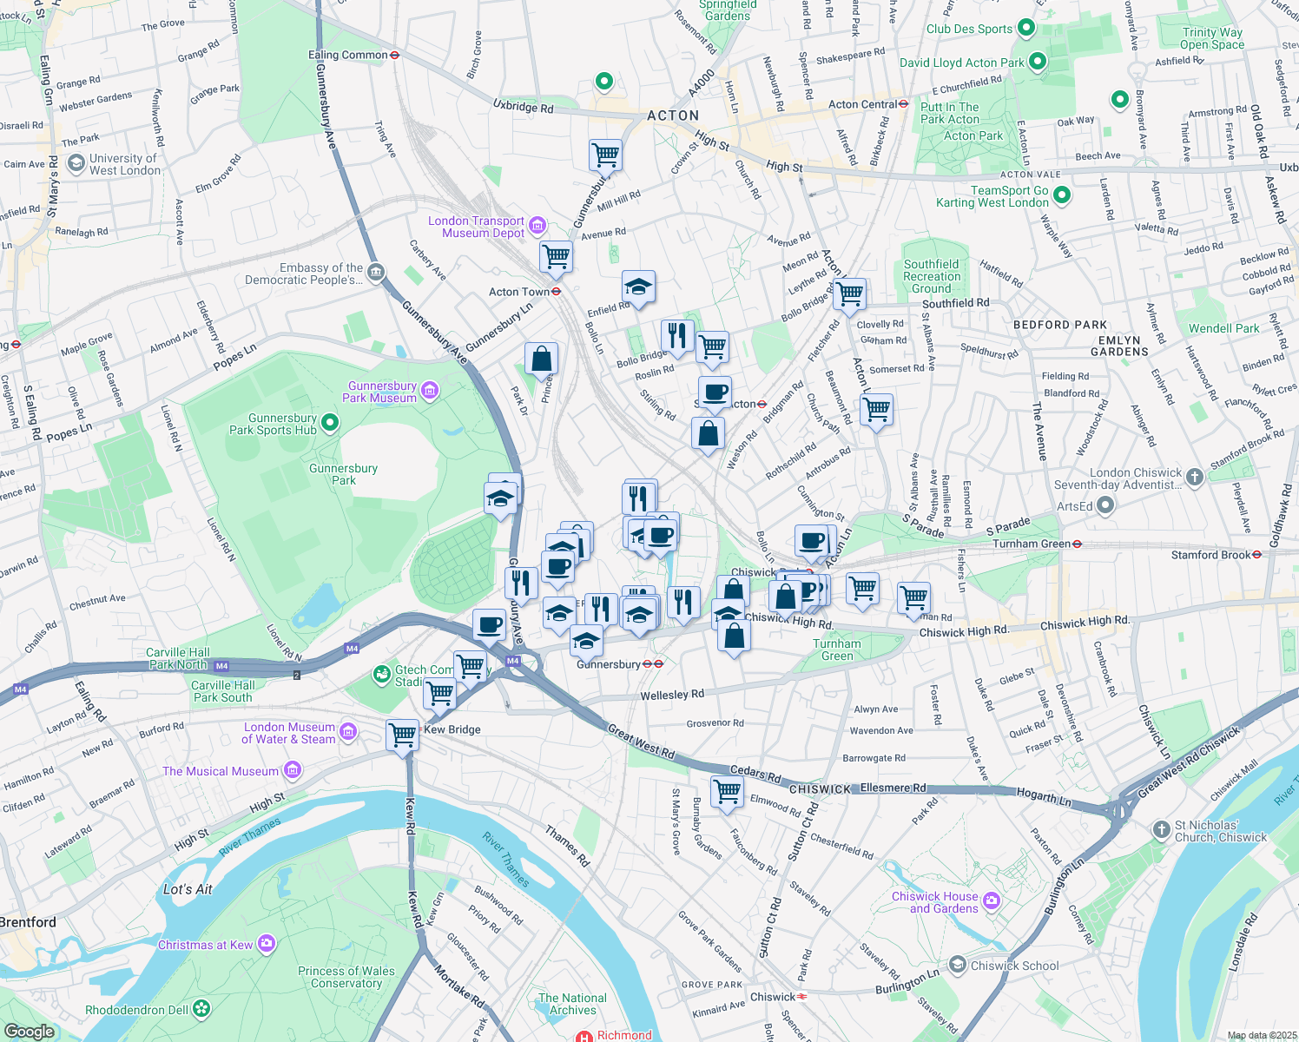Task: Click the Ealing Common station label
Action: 347,55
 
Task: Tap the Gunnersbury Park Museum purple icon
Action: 430,392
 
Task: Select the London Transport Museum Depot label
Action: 476,228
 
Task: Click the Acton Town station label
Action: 519,292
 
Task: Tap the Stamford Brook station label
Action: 1210,555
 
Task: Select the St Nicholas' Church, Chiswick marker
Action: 1162,829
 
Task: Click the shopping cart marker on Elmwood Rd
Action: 727,791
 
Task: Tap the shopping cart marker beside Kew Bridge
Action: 403,734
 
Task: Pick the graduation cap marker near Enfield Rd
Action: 638,287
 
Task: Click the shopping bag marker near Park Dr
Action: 541,359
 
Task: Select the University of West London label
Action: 124,164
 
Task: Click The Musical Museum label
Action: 221,771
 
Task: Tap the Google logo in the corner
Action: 29,1031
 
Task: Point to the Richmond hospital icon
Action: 585,1036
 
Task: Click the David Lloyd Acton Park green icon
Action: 1037,62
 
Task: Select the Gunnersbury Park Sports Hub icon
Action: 330,423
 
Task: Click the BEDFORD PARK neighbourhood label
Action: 1060,325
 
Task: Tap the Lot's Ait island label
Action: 188,889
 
